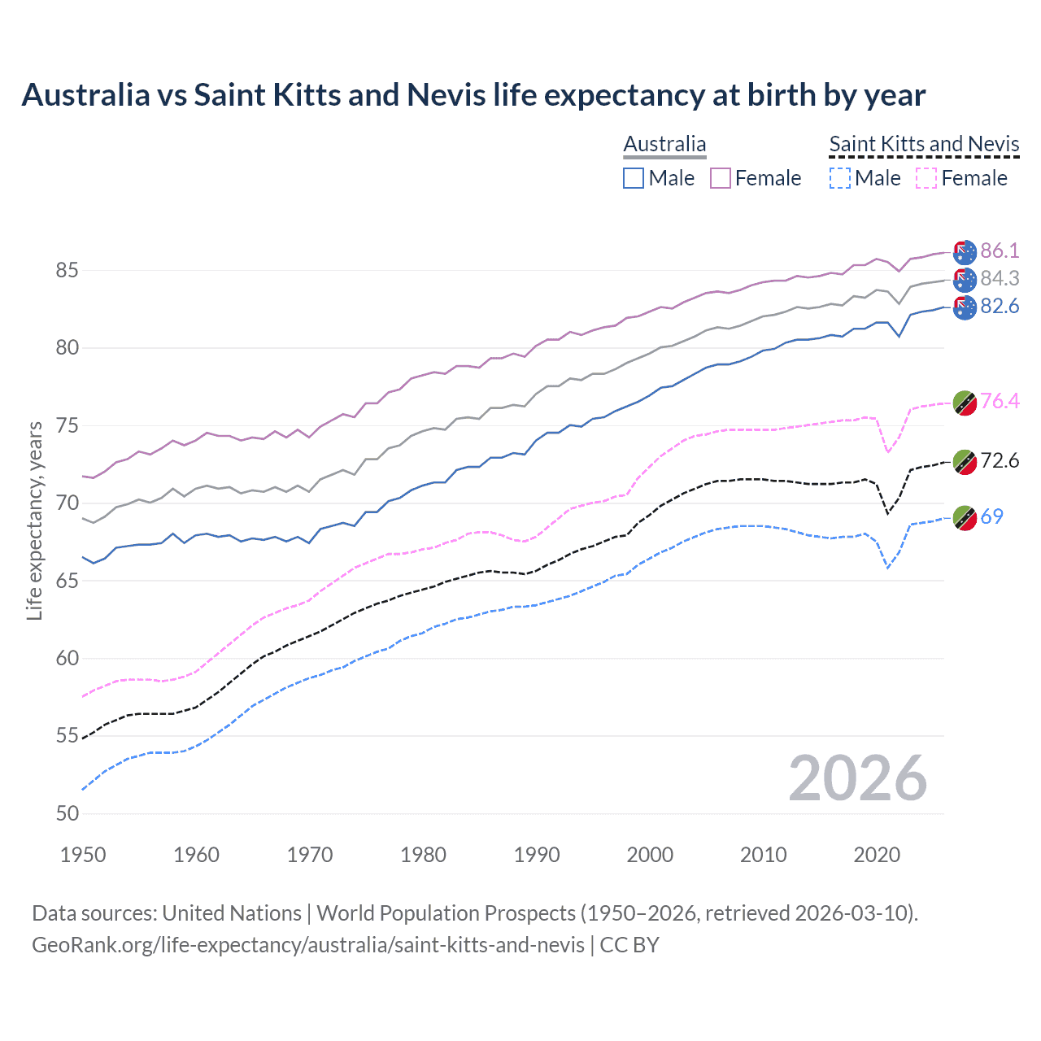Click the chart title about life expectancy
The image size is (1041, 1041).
[473, 95]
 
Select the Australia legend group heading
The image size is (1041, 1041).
[664, 144]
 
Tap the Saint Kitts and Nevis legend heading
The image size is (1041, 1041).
[924, 144]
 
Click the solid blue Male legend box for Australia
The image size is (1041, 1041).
[634, 178]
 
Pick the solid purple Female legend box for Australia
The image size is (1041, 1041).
[721, 178]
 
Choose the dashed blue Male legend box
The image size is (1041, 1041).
[840, 178]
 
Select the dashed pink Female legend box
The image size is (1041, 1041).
[926, 178]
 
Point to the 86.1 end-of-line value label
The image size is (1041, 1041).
[1000, 250]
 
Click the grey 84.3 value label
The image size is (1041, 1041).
[1000, 278]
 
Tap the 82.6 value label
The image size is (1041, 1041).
[1000, 306]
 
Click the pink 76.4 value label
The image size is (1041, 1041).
[1000, 401]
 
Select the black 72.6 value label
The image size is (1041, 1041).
[1000, 460]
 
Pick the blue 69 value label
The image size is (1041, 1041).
[992, 516]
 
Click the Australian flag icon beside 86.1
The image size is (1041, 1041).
[965, 252]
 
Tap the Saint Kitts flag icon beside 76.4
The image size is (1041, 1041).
[965, 403]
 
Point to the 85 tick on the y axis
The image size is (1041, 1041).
[68, 270]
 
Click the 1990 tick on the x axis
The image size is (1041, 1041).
[537, 855]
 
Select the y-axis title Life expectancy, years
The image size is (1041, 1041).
[34, 520]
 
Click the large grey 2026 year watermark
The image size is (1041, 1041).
[857, 779]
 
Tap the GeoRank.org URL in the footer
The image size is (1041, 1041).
[307, 945]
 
